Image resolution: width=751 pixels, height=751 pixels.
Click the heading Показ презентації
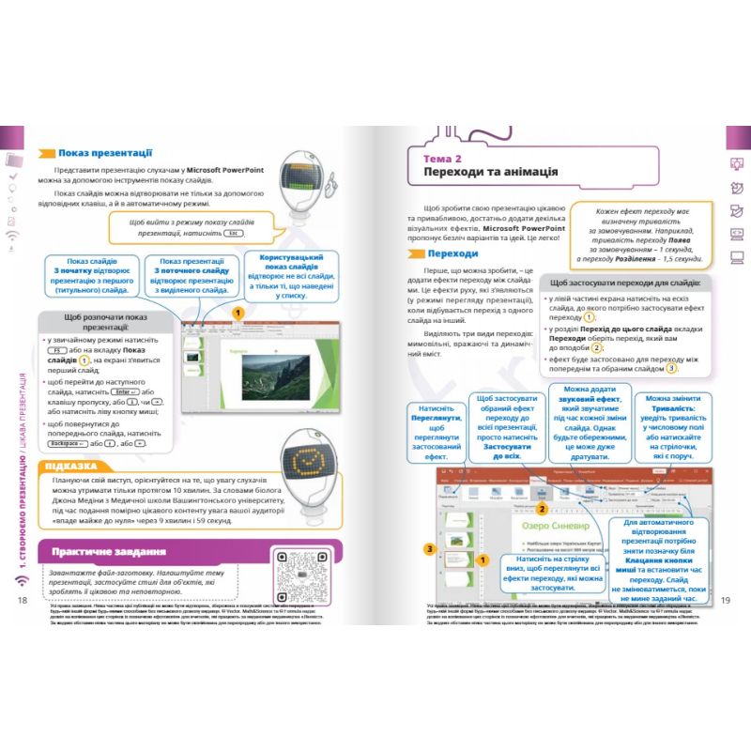(x=105, y=152)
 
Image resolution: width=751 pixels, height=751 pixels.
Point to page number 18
(x=25, y=601)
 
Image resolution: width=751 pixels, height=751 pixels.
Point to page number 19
(x=724, y=601)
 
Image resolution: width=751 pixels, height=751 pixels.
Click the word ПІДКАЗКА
(x=69, y=466)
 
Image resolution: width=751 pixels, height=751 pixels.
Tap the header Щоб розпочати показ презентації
(x=104, y=323)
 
